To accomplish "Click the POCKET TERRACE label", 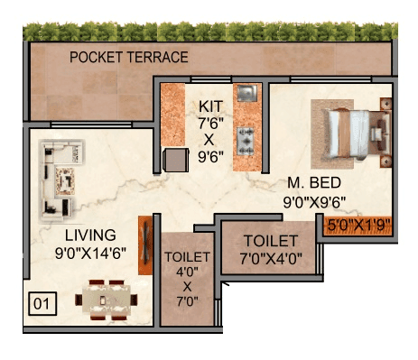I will point(129,58).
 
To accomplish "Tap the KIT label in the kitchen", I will point(209,107).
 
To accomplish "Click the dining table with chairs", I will point(107,298).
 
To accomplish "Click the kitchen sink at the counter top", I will point(246,94).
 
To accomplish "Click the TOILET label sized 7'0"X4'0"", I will point(271,241).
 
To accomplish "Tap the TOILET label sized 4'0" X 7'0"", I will point(188,257).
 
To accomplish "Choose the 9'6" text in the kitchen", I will point(209,156).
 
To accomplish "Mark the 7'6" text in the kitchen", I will point(209,124).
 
